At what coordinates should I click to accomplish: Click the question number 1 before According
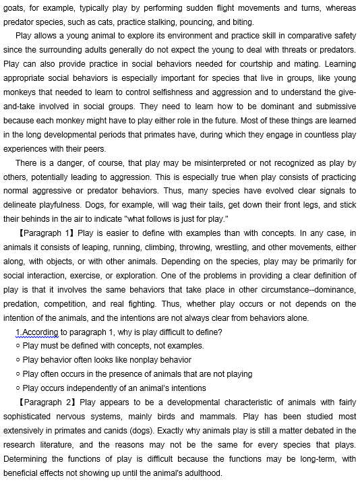(x=18, y=332)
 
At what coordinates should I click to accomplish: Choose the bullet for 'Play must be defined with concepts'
(x=18, y=346)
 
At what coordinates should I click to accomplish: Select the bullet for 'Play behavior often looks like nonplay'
(x=18, y=360)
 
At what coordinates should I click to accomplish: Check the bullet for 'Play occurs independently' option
(x=18, y=388)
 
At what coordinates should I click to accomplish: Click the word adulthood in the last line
(x=198, y=473)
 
